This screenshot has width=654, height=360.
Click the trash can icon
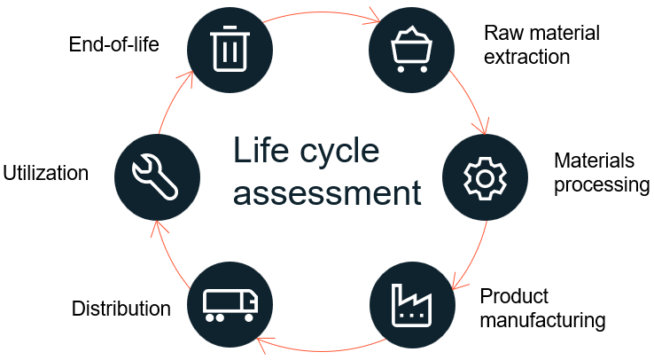tap(229, 48)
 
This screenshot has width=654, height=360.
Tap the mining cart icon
tap(409, 48)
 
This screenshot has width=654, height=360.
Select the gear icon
tap(484, 177)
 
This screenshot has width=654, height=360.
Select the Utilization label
tap(45, 173)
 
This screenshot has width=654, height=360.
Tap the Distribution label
tap(121, 309)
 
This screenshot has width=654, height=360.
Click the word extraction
tap(526, 57)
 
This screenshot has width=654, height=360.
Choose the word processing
tap(602, 184)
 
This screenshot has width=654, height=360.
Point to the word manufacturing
tap(541, 319)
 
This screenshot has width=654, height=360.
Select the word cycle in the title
tap(339, 152)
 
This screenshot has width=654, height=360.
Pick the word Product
tap(514, 295)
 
